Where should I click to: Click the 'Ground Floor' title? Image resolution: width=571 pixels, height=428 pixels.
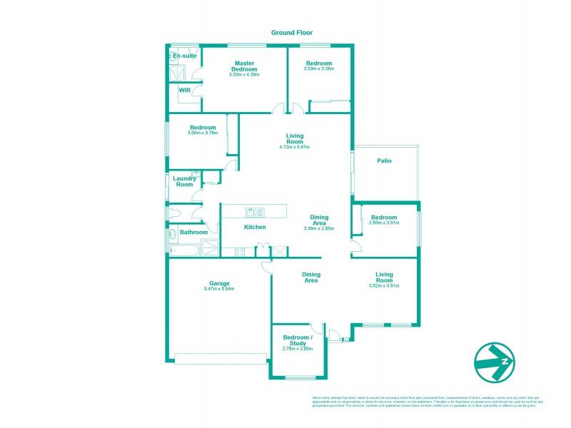(x=292, y=33)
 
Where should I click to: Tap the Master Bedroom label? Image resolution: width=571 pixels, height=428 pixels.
(x=245, y=66)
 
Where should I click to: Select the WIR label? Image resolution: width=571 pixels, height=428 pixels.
(x=184, y=91)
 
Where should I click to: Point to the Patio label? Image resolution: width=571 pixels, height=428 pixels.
(x=384, y=160)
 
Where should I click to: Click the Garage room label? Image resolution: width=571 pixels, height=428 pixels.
(x=218, y=283)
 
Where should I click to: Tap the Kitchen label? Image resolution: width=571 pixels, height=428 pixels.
(x=255, y=227)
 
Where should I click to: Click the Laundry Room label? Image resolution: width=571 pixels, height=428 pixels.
(x=184, y=181)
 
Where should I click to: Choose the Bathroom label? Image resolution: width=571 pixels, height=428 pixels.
(x=193, y=232)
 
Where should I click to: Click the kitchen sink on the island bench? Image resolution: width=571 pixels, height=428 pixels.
(x=255, y=211)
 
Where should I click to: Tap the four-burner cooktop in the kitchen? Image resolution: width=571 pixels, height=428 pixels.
(x=239, y=250)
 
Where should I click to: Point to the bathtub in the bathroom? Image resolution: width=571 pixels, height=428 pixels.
(x=186, y=248)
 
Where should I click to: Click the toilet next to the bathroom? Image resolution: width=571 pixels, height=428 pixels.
(x=174, y=213)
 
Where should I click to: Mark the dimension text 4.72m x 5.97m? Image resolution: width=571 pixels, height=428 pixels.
(x=295, y=147)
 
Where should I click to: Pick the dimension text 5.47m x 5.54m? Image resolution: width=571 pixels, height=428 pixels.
(x=218, y=289)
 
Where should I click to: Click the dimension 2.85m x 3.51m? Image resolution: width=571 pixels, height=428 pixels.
(x=383, y=223)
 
